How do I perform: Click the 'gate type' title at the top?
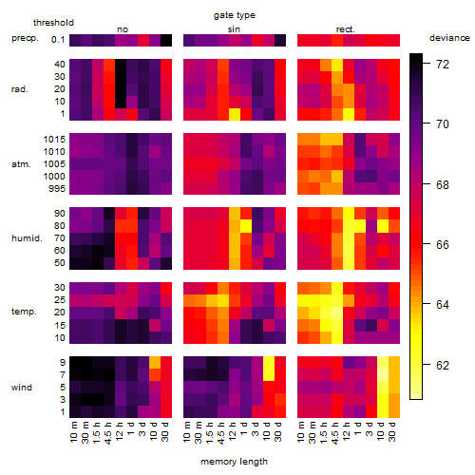click(x=235, y=15)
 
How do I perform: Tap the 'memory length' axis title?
click(x=234, y=462)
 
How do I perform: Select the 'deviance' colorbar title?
click(x=449, y=38)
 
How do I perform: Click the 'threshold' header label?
click(x=53, y=23)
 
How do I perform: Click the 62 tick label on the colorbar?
click(x=443, y=366)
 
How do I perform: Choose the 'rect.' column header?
click(x=345, y=29)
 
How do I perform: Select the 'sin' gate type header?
click(x=234, y=29)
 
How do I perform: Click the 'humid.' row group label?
click(x=27, y=238)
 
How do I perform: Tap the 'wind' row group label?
click(x=22, y=388)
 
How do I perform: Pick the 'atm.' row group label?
click(x=21, y=164)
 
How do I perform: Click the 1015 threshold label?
click(x=54, y=139)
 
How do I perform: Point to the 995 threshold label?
click(x=57, y=189)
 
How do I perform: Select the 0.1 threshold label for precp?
click(x=58, y=40)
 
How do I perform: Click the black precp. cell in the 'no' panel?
click(x=166, y=40)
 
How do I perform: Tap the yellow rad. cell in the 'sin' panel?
click(x=235, y=114)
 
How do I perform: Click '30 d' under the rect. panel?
click(x=392, y=431)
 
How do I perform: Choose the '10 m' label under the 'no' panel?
click(x=74, y=431)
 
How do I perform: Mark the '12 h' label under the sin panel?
click(x=233, y=431)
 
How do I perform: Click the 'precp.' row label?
click(x=25, y=38)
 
